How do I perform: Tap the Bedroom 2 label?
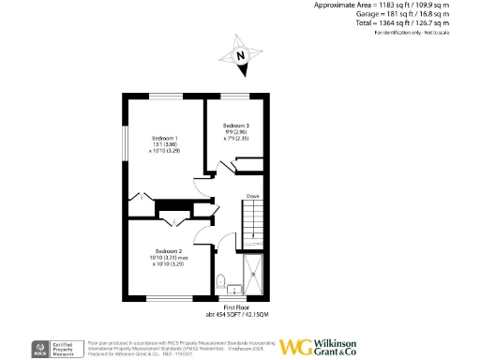(168, 251)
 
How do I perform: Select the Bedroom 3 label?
(235, 126)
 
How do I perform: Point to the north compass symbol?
(241, 55)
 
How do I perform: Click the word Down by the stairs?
(253, 196)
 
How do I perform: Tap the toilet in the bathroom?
(221, 280)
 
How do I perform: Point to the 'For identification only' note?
(413, 34)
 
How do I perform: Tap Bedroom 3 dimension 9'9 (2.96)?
(235, 132)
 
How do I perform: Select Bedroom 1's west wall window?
(123, 141)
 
